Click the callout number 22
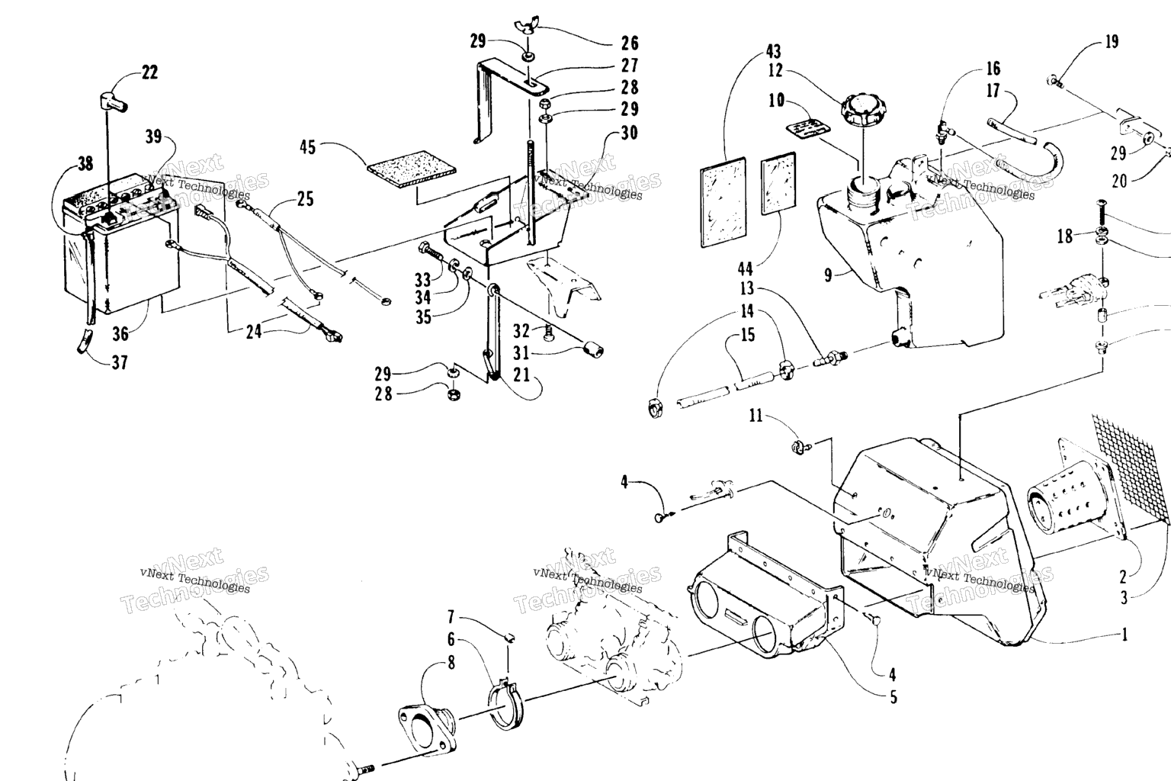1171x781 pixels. [x=149, y=72]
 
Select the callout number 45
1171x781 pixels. [x=307, y=146]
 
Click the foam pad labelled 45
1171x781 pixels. [x=412, y=175]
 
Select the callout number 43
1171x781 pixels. [x=772, y=52]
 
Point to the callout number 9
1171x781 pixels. [x=829, y=275]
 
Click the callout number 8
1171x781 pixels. [x=451, y=663]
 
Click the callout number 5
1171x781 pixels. [x=893, y=696]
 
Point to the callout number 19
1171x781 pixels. [x=1112, y=41]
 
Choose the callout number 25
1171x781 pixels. [x=305, y=200]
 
